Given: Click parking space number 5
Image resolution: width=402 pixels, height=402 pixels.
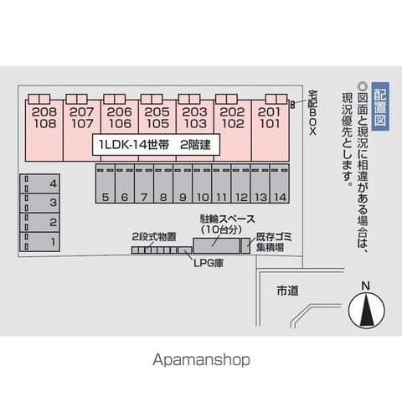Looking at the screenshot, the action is point(106,183).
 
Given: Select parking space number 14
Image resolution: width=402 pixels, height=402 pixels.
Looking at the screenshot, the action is point(280,183).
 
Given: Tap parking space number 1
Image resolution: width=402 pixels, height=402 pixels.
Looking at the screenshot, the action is point(39,242).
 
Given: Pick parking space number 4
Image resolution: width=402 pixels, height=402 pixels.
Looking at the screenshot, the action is point(39,183).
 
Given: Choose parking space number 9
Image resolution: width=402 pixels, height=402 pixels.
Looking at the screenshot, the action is point(183,183).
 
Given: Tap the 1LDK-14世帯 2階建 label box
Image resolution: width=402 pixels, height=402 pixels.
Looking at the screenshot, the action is point(157,145).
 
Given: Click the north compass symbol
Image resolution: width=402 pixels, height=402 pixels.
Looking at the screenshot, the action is point(366,310).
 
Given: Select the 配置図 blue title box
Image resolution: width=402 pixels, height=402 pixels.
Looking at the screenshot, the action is point(380,106).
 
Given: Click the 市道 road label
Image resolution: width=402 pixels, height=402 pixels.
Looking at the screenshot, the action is point(288,291).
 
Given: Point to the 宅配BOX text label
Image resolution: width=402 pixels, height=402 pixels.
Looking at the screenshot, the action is point(312,112).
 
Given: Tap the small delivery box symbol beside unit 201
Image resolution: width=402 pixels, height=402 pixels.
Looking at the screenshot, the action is point(292,105).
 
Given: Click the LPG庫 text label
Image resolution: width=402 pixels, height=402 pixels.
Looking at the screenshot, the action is point(209,263).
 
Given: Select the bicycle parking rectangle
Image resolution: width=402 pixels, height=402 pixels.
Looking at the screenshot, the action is point(217,245).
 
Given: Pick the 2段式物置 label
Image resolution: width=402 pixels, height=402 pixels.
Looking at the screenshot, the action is point(154,237).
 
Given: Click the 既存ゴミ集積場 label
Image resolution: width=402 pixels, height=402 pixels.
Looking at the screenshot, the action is point(274,242).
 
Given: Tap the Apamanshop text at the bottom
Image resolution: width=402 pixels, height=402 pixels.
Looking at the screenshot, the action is point(201,360).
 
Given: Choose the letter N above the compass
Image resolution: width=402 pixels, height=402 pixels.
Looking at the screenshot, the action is point(366,286).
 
